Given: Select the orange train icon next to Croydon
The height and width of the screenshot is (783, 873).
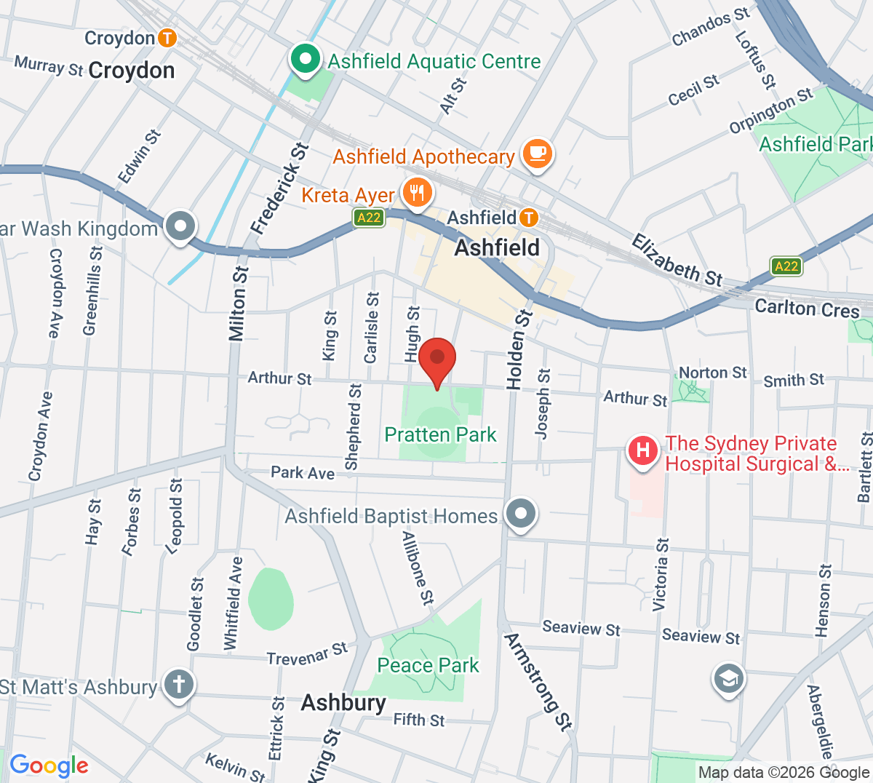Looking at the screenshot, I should (x=167, y=38).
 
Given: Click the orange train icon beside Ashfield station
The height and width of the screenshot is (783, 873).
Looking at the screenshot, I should (x=528, y=218).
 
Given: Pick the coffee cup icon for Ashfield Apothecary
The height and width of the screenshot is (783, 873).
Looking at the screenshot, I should (x=537, y=154).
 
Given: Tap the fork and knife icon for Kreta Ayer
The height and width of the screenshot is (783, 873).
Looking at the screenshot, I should (x=417, y=194).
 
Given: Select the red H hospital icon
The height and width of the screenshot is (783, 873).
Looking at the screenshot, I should (x=643, y=451).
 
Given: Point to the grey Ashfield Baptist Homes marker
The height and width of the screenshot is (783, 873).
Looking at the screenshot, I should (x=520, y=514).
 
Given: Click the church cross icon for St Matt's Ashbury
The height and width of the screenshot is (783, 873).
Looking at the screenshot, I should (x=178, y=684).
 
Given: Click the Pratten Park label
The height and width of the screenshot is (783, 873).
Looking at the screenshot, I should (x=440, y=435).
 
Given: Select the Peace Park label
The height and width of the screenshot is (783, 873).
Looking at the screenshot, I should (x=428, y=665).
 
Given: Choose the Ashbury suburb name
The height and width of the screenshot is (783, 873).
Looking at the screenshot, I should (x=343, y=702).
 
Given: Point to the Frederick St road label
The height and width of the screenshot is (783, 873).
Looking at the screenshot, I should (x=280, y=188).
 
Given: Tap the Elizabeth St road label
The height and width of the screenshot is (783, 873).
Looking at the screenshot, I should (x=677, y=260).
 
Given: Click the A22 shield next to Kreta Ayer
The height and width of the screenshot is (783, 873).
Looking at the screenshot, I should (x=369, y=218).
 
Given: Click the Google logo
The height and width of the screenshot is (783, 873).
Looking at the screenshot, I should (x=49, y=766).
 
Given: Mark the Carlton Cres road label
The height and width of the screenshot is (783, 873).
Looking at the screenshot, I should (x=807, y=309).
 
